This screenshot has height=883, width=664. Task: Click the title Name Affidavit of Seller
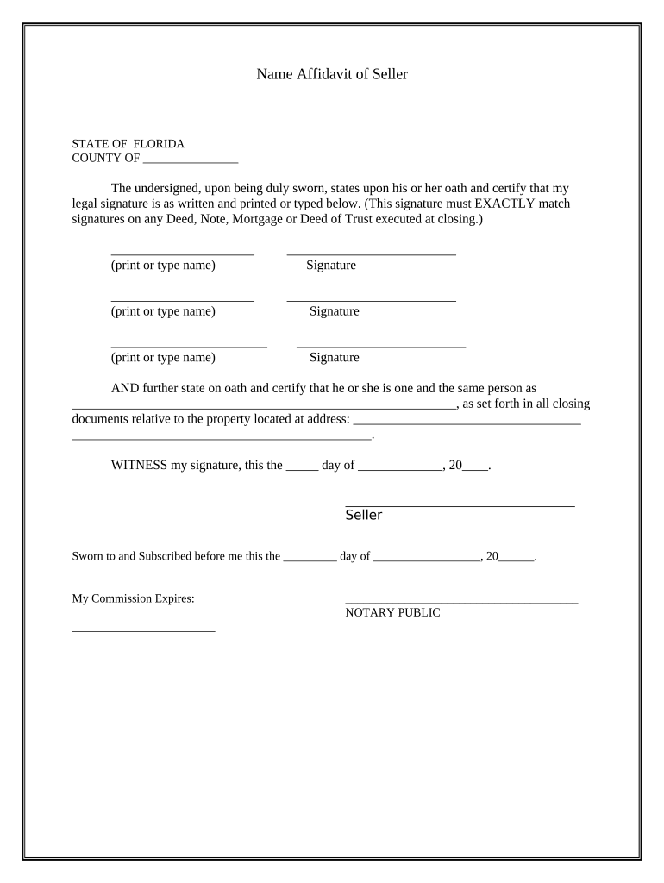pos(331,74)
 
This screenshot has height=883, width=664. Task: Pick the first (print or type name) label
pos(163,266)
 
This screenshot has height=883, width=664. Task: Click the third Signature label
pos(335,358)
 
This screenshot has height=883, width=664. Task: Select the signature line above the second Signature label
pos(371,301)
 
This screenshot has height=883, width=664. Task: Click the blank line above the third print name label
pos(189,347)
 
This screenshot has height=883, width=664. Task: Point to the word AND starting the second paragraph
pos(125,388)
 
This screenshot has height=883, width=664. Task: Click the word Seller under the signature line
pos(363,516)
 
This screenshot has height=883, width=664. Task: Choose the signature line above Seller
pos(460,505)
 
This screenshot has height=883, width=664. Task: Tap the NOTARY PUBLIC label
pos(392,613)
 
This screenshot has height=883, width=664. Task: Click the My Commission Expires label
pos(133,598)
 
